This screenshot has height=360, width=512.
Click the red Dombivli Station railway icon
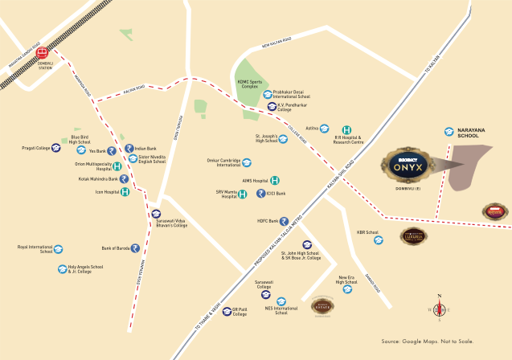click(43, 55)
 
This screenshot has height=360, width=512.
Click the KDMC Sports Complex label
click(251, 84)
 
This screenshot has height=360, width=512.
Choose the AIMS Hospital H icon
click(275, 180)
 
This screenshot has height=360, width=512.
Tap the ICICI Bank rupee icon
click(260, 194)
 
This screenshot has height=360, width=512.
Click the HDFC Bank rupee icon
click(284, 220)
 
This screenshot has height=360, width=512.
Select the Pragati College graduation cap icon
click(59, 148)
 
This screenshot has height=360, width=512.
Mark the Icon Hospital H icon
click(125, 192)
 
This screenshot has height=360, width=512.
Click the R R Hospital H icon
click(346, 130)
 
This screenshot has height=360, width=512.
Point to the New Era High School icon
click(347, 292)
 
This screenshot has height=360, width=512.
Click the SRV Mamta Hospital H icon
click(242, 194)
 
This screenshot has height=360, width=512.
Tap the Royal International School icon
click(60, 249)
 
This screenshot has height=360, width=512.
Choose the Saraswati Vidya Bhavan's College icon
click(157, 214)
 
